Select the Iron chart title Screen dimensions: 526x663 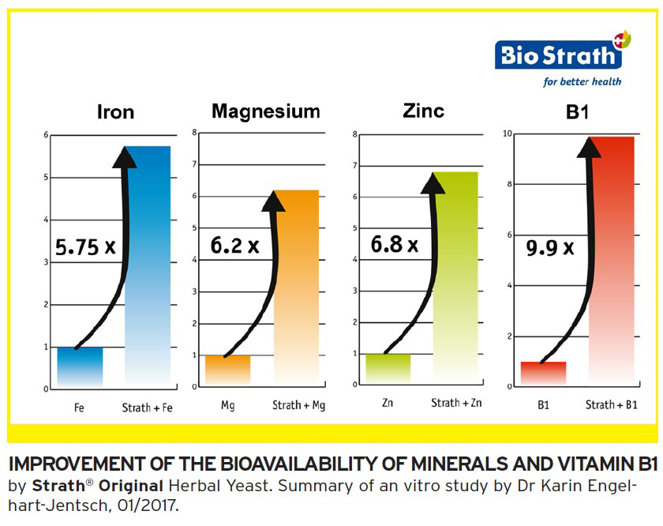115,112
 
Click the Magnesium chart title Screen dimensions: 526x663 265,111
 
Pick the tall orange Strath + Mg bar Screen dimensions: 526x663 296,287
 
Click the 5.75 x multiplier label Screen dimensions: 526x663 85,248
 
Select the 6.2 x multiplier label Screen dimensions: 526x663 234,246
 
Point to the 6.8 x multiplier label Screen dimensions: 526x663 395,245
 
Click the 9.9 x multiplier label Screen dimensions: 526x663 549,249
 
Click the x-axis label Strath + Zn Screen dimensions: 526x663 456,404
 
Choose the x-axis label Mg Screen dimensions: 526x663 228,406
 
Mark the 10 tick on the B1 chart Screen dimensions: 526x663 508,134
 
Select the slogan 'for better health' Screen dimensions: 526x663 582,81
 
